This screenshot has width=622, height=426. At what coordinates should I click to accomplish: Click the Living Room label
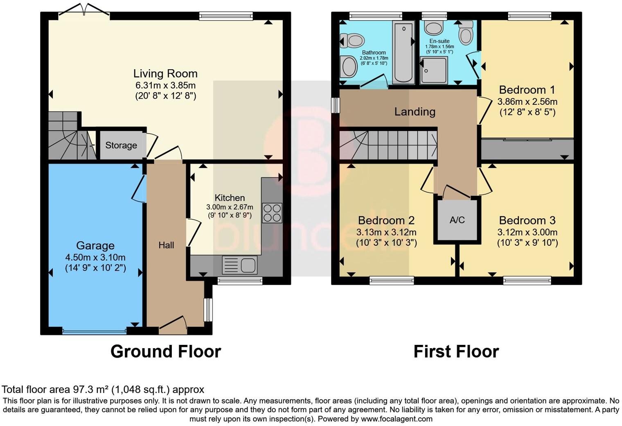point(165,74)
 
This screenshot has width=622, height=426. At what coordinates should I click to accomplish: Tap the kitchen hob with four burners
point(272,213)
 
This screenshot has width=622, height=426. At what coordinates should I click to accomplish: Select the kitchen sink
point(239,265)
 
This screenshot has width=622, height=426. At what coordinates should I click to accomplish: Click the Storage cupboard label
point(121,145)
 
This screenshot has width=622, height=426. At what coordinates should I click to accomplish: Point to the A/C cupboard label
point(457,220)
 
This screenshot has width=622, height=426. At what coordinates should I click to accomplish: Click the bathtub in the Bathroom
point(403,53)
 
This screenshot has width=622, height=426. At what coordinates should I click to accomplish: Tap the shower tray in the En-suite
point(434,70)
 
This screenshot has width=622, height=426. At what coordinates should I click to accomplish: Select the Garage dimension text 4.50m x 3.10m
point(95,257)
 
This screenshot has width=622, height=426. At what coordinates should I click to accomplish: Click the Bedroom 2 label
point(386,220)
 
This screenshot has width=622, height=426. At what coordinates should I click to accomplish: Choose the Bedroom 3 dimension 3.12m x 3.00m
point(527,232)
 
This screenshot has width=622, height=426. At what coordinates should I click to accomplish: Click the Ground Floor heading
point(166,351)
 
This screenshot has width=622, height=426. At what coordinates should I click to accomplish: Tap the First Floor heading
point(456,351)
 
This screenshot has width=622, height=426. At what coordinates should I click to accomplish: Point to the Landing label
point(415,112)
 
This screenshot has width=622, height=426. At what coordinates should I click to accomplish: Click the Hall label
point(166,245)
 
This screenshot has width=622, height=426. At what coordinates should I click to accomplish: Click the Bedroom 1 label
point(527,90)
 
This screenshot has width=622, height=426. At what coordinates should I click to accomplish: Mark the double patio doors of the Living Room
point(84,10)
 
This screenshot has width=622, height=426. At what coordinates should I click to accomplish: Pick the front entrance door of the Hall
point(173,325)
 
